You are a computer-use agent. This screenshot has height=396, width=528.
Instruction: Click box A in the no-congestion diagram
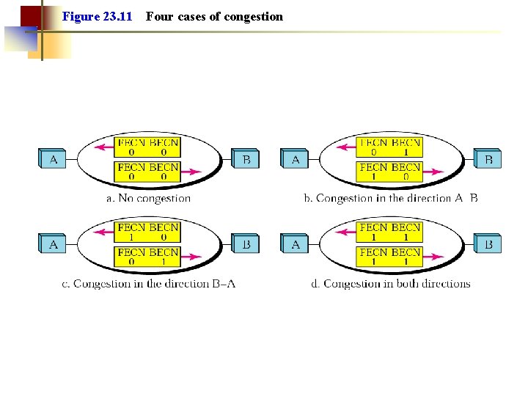tap(53, 158)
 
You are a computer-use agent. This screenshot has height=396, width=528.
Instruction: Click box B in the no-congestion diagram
tap(246, 158)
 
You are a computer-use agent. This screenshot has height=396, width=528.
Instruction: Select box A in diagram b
tap(295, 158)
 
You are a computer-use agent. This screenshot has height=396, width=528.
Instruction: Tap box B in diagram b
tap(488, 158)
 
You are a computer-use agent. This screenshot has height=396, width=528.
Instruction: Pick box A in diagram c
tap(53, 243)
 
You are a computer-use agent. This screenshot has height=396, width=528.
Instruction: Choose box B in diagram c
tap(246, 243)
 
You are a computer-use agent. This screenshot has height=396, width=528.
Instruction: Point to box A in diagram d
tap(295, 243)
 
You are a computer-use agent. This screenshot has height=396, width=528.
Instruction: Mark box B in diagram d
tap(488, 243)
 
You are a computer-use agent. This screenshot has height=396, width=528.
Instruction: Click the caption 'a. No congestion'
tap(149, 198)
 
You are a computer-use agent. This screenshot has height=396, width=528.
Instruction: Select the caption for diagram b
tap(391, 198)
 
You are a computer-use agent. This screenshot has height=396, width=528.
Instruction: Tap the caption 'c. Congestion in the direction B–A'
tap(148, 284)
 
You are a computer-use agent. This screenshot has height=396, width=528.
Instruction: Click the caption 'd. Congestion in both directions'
tap(391, 284)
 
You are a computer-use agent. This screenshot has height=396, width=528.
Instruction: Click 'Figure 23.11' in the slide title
tap(98, 16)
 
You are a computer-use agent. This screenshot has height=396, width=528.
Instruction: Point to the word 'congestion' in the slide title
tap(254, 16)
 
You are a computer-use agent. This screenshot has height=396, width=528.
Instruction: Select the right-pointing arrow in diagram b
tap(433, 172)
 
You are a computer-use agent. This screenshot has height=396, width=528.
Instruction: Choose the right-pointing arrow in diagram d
tap(433, 257)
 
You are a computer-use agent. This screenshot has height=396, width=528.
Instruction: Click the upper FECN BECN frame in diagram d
tap(390, 232)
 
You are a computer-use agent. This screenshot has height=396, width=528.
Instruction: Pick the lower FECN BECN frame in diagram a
tap(148, 172)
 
